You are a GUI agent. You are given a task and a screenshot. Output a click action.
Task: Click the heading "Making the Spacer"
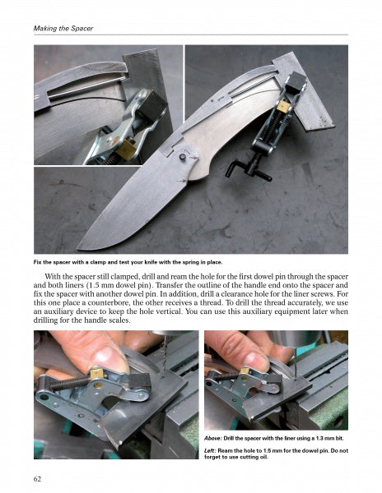[x=63, y=28]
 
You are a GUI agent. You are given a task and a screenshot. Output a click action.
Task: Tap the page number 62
[x=37, y=479]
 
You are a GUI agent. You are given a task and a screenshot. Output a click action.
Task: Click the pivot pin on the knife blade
[x=182, y=157]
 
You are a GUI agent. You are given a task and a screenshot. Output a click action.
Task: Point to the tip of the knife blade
[x=78, y=248]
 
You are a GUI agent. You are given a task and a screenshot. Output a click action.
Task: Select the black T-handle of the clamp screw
[x=249, y=168]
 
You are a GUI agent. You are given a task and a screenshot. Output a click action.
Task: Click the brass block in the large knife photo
[x=282, y=107]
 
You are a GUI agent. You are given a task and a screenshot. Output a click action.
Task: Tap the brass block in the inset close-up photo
[x=127, y=149]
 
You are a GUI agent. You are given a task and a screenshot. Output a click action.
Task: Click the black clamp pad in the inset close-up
[x=152, y=106]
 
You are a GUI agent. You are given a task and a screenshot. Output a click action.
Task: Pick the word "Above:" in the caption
[x=213, y=438]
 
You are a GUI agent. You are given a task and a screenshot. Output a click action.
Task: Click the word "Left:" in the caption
[x=210, y=450]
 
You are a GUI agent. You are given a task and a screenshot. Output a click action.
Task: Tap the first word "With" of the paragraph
[x=52, y=277]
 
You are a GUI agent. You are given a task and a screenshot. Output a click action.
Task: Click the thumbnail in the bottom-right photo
[x=256, y=360]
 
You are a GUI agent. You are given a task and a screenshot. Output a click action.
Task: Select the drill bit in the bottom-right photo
[x=295, y=361]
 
